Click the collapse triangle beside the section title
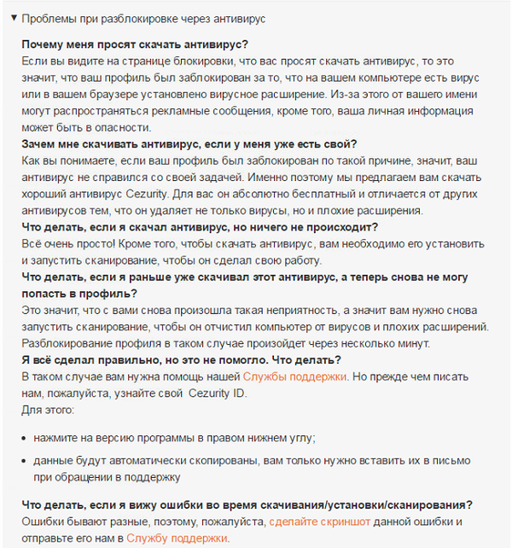tap(14, 18)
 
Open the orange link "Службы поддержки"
tap(295, 376)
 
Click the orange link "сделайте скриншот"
tap(322, 522)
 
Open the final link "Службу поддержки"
tap(177, 539)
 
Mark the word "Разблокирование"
tap(67, 343)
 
